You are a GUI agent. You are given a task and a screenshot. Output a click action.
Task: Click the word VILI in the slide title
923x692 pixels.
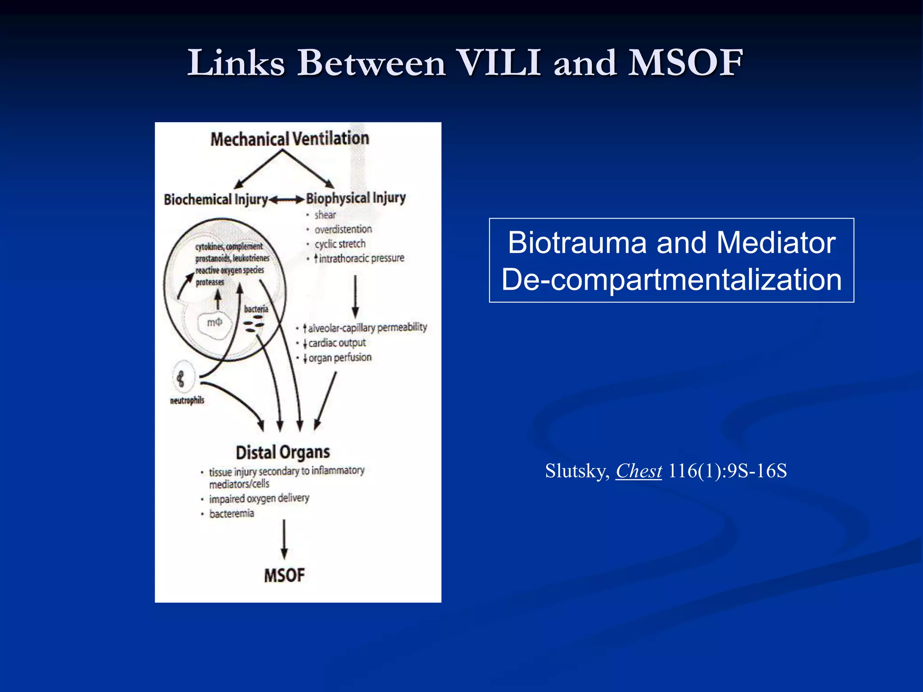pos(498,63)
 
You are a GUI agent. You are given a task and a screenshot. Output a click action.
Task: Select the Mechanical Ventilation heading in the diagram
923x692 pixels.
pos(290,139)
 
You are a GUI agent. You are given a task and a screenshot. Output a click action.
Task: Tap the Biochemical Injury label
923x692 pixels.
pos(216,200)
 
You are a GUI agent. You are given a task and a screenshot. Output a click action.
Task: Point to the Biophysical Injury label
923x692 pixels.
pos(356,198)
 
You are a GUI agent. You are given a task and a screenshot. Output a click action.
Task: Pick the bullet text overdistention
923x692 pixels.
pos(343,229)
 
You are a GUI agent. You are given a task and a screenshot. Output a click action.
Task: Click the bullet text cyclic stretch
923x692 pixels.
pos(340,244)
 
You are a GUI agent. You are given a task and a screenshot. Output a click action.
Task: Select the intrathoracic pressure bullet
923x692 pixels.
pos(361,258)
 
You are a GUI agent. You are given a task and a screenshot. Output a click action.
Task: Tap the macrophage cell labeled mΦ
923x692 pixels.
pos(215,323)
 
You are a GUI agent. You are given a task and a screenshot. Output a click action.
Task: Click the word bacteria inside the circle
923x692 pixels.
pos(256,309)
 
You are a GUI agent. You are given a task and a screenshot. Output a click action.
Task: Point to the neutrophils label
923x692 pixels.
pos(187,400)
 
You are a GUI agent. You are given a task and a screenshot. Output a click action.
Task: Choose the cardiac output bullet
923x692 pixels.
pos(336,343)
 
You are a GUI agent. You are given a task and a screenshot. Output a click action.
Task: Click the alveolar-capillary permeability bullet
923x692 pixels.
pos(366,328)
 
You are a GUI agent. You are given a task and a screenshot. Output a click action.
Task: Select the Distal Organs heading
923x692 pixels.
pos(283,452)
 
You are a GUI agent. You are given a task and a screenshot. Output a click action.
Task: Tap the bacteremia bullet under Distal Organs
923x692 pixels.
pos(232,514)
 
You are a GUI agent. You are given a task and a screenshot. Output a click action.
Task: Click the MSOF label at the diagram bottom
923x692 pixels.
pos(284,575)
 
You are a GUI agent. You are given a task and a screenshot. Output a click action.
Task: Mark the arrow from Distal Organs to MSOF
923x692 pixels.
pos(284,539)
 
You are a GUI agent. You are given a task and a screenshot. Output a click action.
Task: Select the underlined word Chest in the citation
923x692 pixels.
pos(639,471)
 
